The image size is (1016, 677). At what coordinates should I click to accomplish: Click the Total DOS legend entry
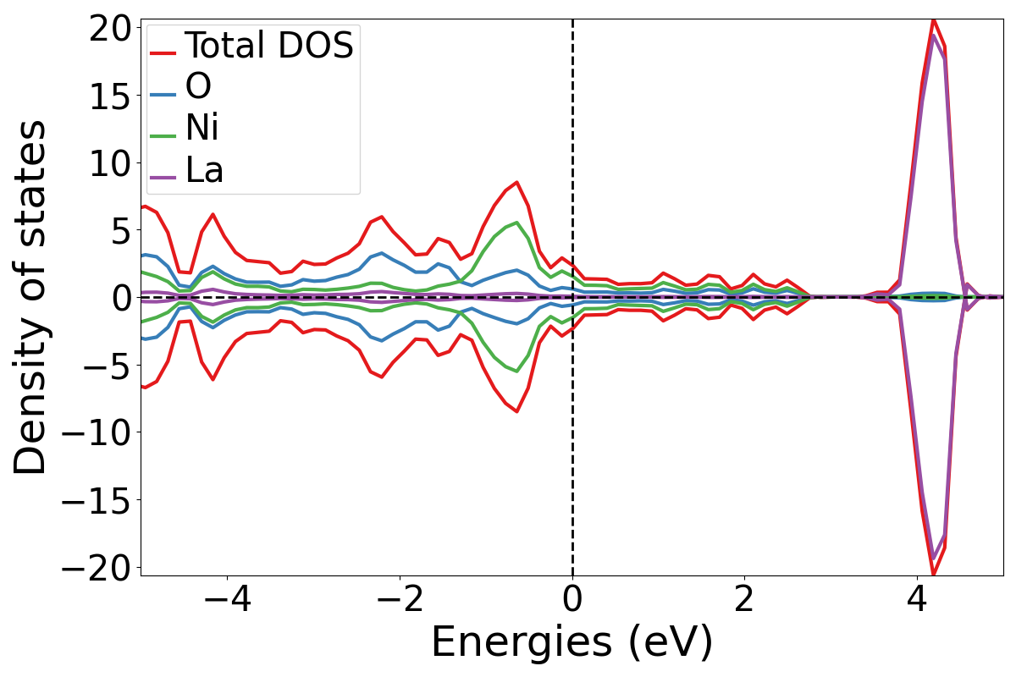(268, 45)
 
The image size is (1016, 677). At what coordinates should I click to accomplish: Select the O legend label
(198, 86)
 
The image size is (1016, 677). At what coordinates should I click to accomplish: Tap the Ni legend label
(202, 128)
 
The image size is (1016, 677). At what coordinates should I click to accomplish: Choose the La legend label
(204, 169)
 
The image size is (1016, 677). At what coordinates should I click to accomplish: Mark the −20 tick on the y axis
(101, 568)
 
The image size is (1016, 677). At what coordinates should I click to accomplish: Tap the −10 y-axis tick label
(101, 432)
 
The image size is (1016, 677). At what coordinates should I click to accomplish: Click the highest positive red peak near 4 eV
(933, 18)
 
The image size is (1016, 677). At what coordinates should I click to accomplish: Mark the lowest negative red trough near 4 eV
(933, 575)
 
